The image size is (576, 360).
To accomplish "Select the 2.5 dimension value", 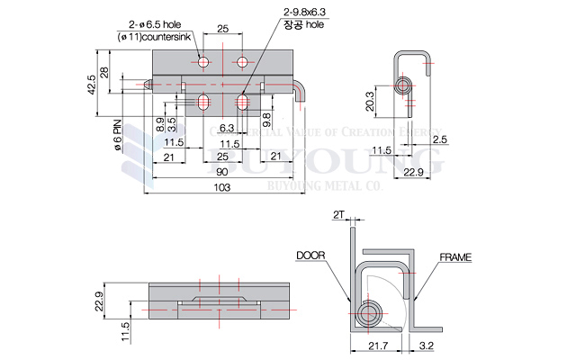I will tap(439, 139).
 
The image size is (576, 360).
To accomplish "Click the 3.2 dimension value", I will tap(426, 346).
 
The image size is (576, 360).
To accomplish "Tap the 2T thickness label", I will tap(338, 216).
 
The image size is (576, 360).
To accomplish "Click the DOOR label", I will tap(310, 256).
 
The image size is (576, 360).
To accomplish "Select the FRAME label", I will tap(454, 257).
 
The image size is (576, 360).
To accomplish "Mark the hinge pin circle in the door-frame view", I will tap(367, 313).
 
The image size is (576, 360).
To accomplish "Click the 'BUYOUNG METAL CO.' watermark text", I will tap(326, 185).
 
